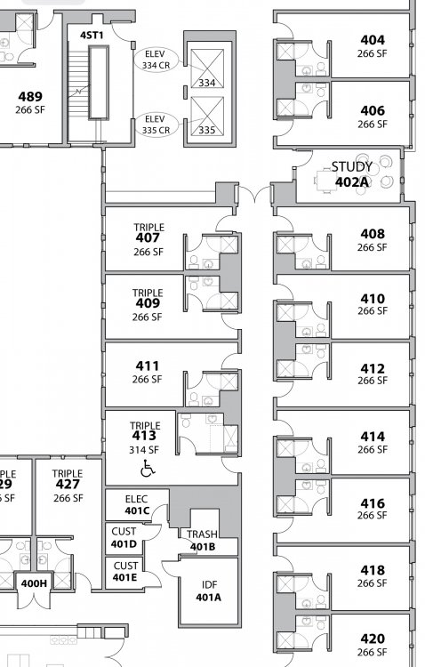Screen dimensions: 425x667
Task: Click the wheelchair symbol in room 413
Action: click(x=148, y=468)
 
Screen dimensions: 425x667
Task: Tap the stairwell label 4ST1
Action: click(x=92, y=35)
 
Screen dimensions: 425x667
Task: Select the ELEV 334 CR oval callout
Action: click(x=156, y=60)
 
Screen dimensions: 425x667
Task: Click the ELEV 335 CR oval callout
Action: click(x=156, y=125)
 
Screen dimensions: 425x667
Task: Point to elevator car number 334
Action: click(x=207, y=82)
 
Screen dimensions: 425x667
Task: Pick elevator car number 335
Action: click(x=207, y=129)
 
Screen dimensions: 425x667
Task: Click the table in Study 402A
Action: click(x=326, y=181)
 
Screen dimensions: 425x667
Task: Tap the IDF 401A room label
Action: click(x=208, y=591)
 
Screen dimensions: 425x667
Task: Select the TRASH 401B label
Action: click(x=202, y=540)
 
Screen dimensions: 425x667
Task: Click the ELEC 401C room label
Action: click(x=137, y=504)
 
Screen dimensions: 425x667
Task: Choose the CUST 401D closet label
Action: click(x=124, y=538)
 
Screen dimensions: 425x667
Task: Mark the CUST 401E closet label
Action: click(x=125, y=571)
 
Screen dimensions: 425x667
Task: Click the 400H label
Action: click(x=34, y=583)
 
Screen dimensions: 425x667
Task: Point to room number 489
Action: click(x=30, y=97)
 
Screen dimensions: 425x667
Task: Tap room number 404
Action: click(x=373, y=40)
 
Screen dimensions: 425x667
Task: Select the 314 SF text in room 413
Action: click(x=144, y=450)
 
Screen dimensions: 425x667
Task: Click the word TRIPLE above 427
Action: click(x=68, y=473)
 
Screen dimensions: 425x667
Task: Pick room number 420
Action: click(x=373, y=639)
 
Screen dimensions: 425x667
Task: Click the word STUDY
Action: click(x=352, y=167)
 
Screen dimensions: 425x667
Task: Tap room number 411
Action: click(x=148, y=366)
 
